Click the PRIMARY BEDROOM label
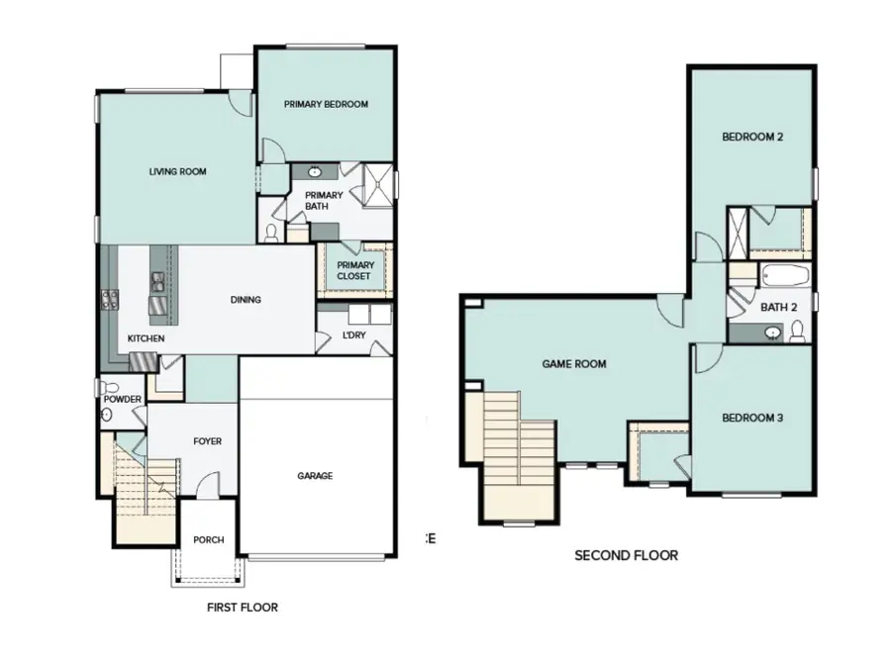pyautogui.click(x=326, y=104)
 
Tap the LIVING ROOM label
pyautogui.click(x=177, y=171)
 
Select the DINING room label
pyautogui.click(x=246, y=299)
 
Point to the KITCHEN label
pyautogui.click(x=146, y=338)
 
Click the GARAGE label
pyautogui.click(x=315, y=476)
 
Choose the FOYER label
pyautogui.click(x=207, y=440)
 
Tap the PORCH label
pyautogui.click(x=208, y=539)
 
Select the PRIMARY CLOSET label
pyautogui.click(x=354, y=270)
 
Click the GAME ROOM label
pyautogui.click(x=573, y=363)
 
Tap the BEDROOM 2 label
pyautogui.click(x=752, y=137)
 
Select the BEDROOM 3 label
pyautogui.click(x=752, y=418)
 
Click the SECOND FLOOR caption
pyautogui.click(x=626, y=555)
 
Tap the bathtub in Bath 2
pyautogui.click(x=783, y=275)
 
